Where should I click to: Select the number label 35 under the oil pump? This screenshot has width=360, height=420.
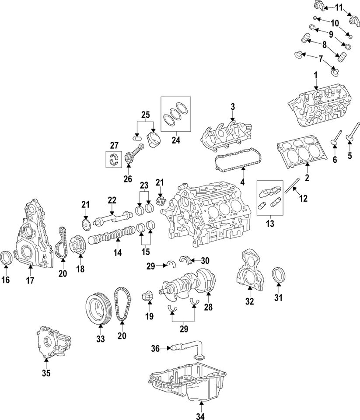46,373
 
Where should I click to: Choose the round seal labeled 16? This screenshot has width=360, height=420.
7,258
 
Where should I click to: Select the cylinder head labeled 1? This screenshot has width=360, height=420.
317,107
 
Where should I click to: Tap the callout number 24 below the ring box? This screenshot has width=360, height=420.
177,141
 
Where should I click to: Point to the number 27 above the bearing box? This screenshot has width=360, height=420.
114,145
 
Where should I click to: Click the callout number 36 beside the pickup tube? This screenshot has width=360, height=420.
155,348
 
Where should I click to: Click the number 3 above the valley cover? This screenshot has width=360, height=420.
233,106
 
